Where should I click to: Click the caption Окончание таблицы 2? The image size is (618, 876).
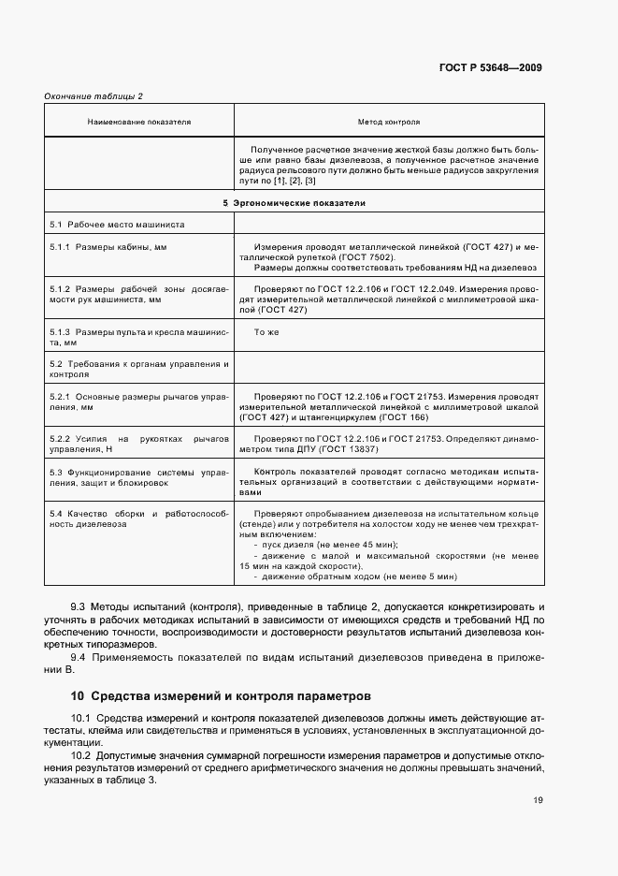(93, 96)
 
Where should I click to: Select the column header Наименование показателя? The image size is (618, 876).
(138, 122)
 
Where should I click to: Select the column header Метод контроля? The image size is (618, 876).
(388, 122)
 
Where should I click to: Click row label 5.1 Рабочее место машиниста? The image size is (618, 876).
(117, 226)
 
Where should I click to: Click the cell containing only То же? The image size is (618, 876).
(266, 332)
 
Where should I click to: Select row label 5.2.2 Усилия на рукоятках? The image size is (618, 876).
(138, 444)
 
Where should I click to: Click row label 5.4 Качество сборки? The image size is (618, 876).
(138, 517)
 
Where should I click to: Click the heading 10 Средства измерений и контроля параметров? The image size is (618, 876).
(221, 696)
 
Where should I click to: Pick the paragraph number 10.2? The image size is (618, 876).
(83, 754)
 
